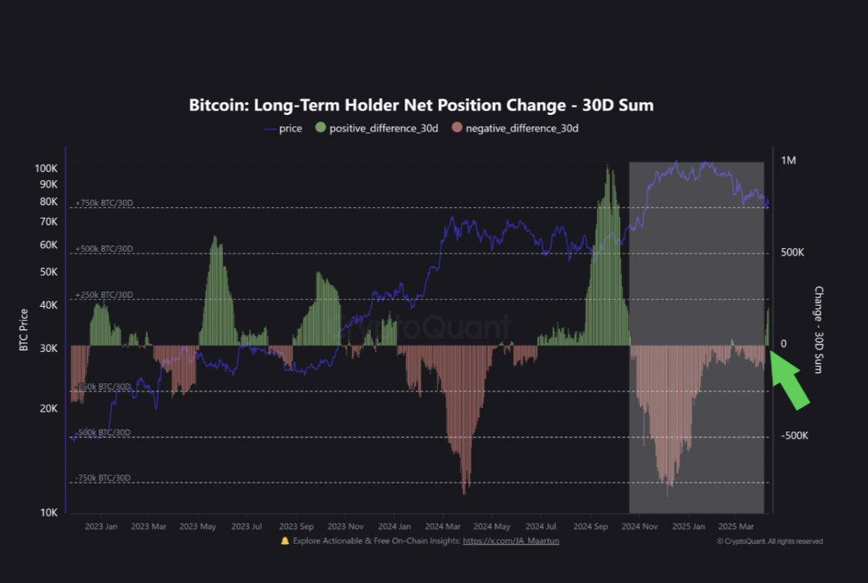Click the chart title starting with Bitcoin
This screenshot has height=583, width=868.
pos(421,105)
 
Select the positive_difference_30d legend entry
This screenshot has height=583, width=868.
pos(377,128)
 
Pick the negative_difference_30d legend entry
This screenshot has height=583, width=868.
pos(515,128)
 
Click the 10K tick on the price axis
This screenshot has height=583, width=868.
pos(48,512)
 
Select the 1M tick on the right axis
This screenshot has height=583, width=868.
pos(788,160)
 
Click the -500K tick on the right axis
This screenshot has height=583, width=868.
pos(795,435)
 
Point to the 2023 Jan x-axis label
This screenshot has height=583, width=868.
pos(102,526)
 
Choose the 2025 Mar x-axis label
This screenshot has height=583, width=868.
pos(735,526)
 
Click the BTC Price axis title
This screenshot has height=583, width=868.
pos(24,329)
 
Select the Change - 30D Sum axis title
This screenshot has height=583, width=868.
pos(818,329)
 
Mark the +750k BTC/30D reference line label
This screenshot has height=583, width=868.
pos(104,203)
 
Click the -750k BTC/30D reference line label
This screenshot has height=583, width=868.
pos(103,478)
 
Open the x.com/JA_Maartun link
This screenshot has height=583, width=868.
pos(510,541)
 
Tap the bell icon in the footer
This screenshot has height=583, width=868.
pos(285,541)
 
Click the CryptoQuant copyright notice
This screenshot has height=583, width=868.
pos(770,541)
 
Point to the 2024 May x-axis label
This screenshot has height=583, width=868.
pos(492,526)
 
